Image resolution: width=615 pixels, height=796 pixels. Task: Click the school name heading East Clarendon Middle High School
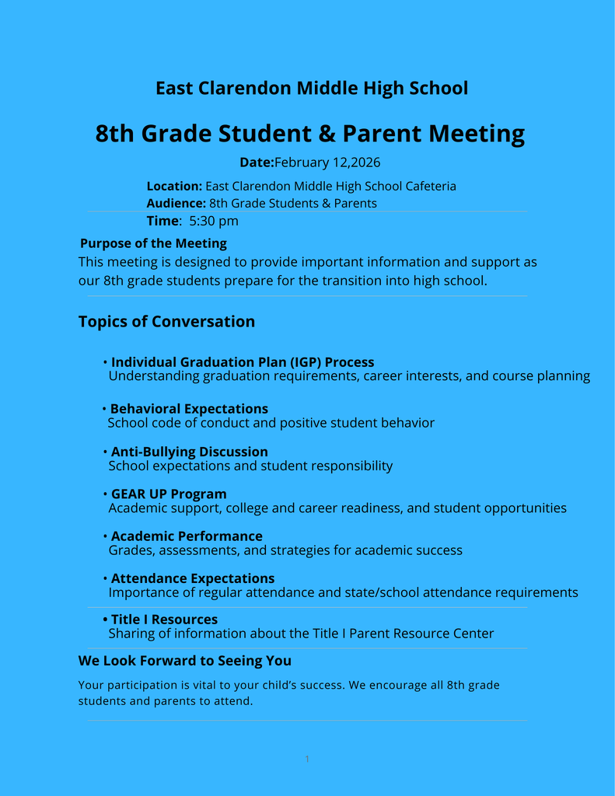[312, 89]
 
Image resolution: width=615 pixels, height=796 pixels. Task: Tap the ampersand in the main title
[327, 134]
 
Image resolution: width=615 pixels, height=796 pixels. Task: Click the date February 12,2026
[327, 162]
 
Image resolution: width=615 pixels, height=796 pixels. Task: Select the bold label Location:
[174, 187]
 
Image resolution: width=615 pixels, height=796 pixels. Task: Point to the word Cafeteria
[431, 187]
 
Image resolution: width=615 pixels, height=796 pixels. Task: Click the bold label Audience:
[176, 204]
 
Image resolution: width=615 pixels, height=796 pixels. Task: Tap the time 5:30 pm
[214, 221]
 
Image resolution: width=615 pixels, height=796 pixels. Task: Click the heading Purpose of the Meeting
[153, 243]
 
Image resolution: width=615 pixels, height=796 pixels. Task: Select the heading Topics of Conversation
[166, 322]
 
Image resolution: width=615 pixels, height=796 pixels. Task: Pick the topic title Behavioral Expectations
[189, 409]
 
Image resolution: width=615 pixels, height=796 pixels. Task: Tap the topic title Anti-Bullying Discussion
[189, 452]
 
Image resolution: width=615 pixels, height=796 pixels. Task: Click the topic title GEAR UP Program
[169, 494]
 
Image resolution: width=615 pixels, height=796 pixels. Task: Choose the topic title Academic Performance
[187, 536]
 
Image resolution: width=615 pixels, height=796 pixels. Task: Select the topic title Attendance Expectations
[193, 578]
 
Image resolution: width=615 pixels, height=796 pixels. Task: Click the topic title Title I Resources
[164, 620]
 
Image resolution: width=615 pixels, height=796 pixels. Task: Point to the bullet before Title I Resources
[105, 620]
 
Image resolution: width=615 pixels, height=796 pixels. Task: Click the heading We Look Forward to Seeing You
[185, 661]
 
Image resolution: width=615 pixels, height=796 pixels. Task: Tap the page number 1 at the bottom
[307, 759]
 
